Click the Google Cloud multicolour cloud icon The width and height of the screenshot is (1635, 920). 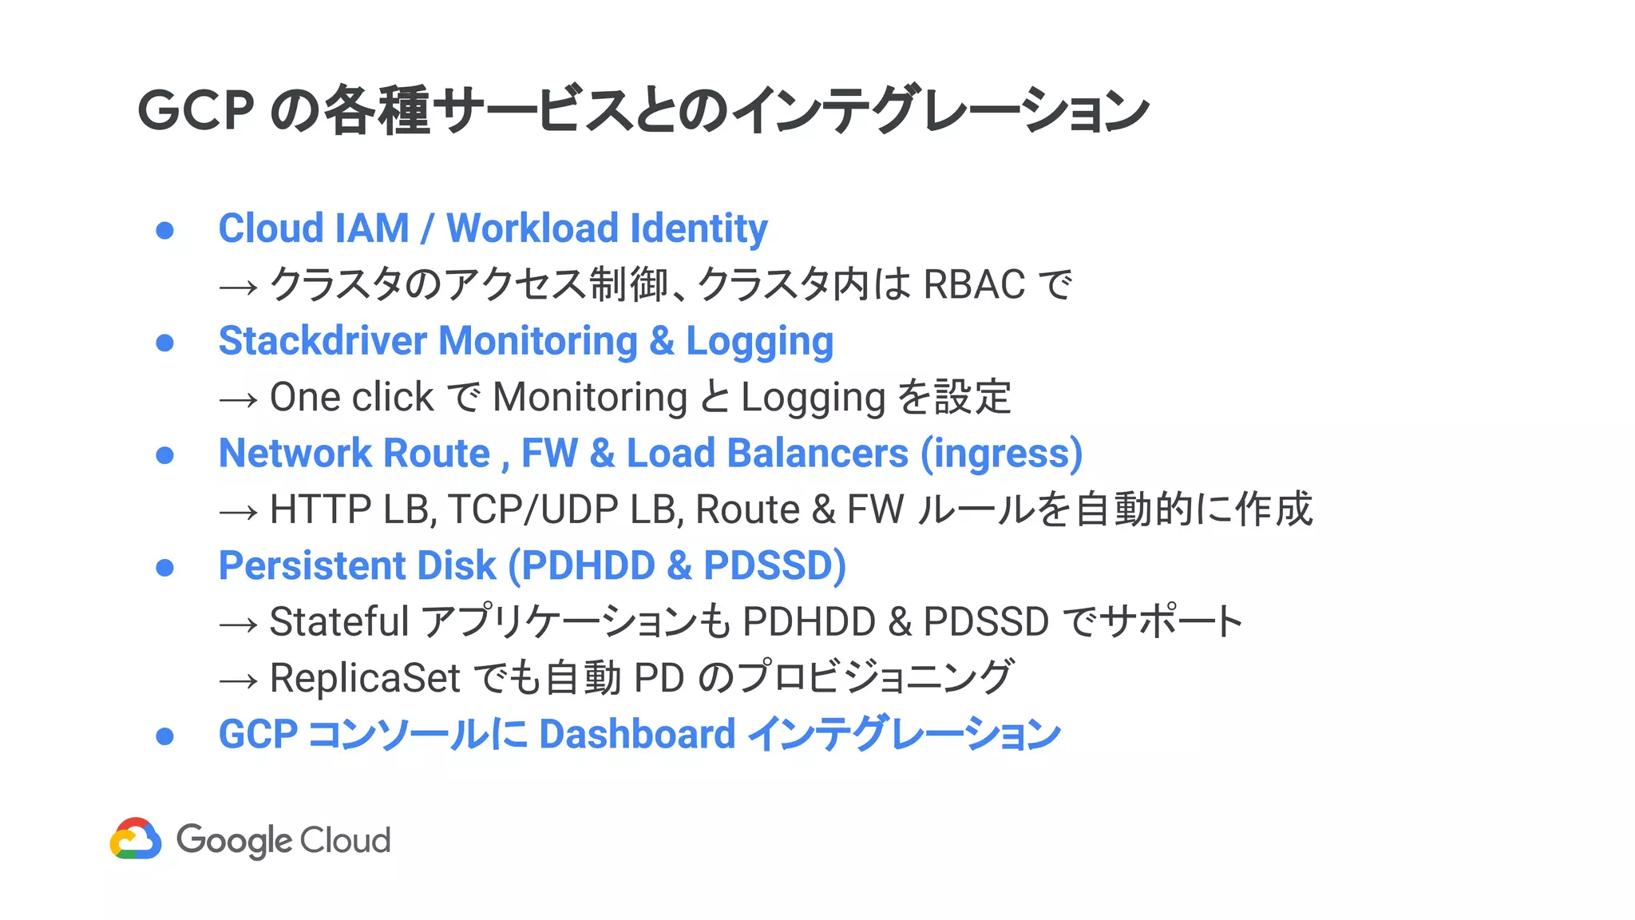[x=136, y=839]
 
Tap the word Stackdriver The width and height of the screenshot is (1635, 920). [x=323, y=341]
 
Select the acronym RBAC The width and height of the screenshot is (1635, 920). [x=974, y=284]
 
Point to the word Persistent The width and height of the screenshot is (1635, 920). [x=311, y=566]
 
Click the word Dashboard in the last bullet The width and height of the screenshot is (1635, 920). [x=637, y=734]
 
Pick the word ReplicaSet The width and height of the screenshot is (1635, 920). [x=365, y=678]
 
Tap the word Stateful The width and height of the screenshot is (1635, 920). [x=339, y=622]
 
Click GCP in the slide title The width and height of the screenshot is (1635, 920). [x=196, y=110]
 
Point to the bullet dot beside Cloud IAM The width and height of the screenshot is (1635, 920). [x=165, y=231]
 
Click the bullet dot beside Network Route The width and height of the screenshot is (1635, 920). [x=165, y=455]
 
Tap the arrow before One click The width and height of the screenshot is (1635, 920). [x=238, y=399]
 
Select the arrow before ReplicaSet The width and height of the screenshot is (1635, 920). [x=238, y=680]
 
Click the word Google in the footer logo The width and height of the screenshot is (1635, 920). [x=234, y=840]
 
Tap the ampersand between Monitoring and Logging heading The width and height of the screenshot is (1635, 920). [x=661, y=341]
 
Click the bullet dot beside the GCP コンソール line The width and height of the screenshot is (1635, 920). [x=165, y=736]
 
